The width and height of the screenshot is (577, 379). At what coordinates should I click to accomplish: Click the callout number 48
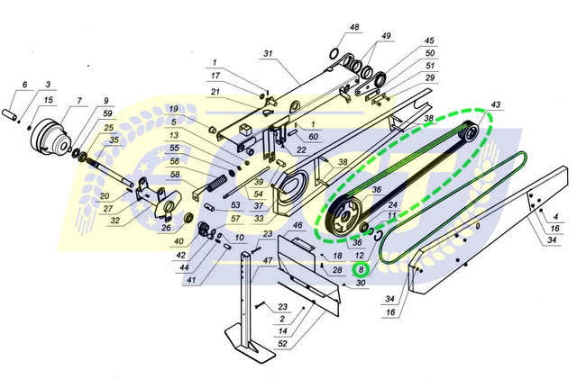[x=354, y=28]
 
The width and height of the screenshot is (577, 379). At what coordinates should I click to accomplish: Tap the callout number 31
[x=267, y=53]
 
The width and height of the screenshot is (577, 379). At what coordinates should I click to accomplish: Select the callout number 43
[x=495, y=105]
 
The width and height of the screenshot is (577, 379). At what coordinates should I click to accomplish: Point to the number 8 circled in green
[x=361, y=268]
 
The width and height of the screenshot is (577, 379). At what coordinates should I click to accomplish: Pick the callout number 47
[x=267, y=259]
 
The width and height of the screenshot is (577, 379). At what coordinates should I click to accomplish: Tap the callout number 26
[x=166, y=228]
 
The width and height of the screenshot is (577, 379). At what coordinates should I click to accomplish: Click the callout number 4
[x=555, y=217]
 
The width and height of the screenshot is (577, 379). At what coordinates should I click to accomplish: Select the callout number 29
[x=430, y=78]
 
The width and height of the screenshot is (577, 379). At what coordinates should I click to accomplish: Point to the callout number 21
[x=215, y=91]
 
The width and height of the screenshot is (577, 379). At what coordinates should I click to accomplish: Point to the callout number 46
[x=297, y=224]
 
